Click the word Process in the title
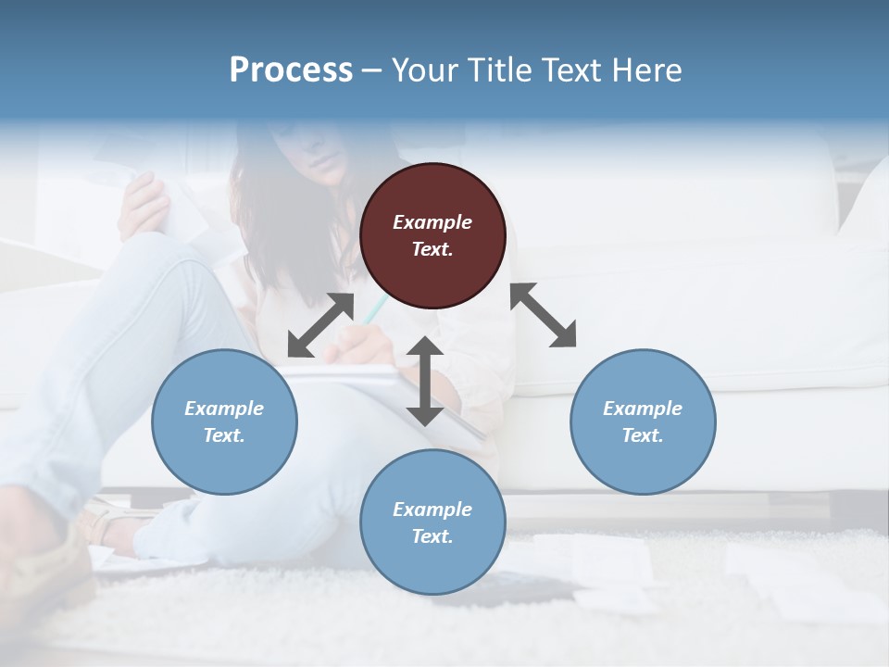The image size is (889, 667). click(291, 70)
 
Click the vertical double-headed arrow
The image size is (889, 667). click(425, 381)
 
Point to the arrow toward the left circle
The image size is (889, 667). click(320, 325)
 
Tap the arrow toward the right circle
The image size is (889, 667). click(544, 315)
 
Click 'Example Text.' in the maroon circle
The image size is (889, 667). click(432, 235)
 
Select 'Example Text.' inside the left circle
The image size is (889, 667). click(224, 422)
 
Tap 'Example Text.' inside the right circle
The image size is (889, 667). click(643, 422)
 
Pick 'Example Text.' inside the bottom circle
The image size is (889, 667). click(432, 522)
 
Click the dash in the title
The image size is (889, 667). click(371, 70)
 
